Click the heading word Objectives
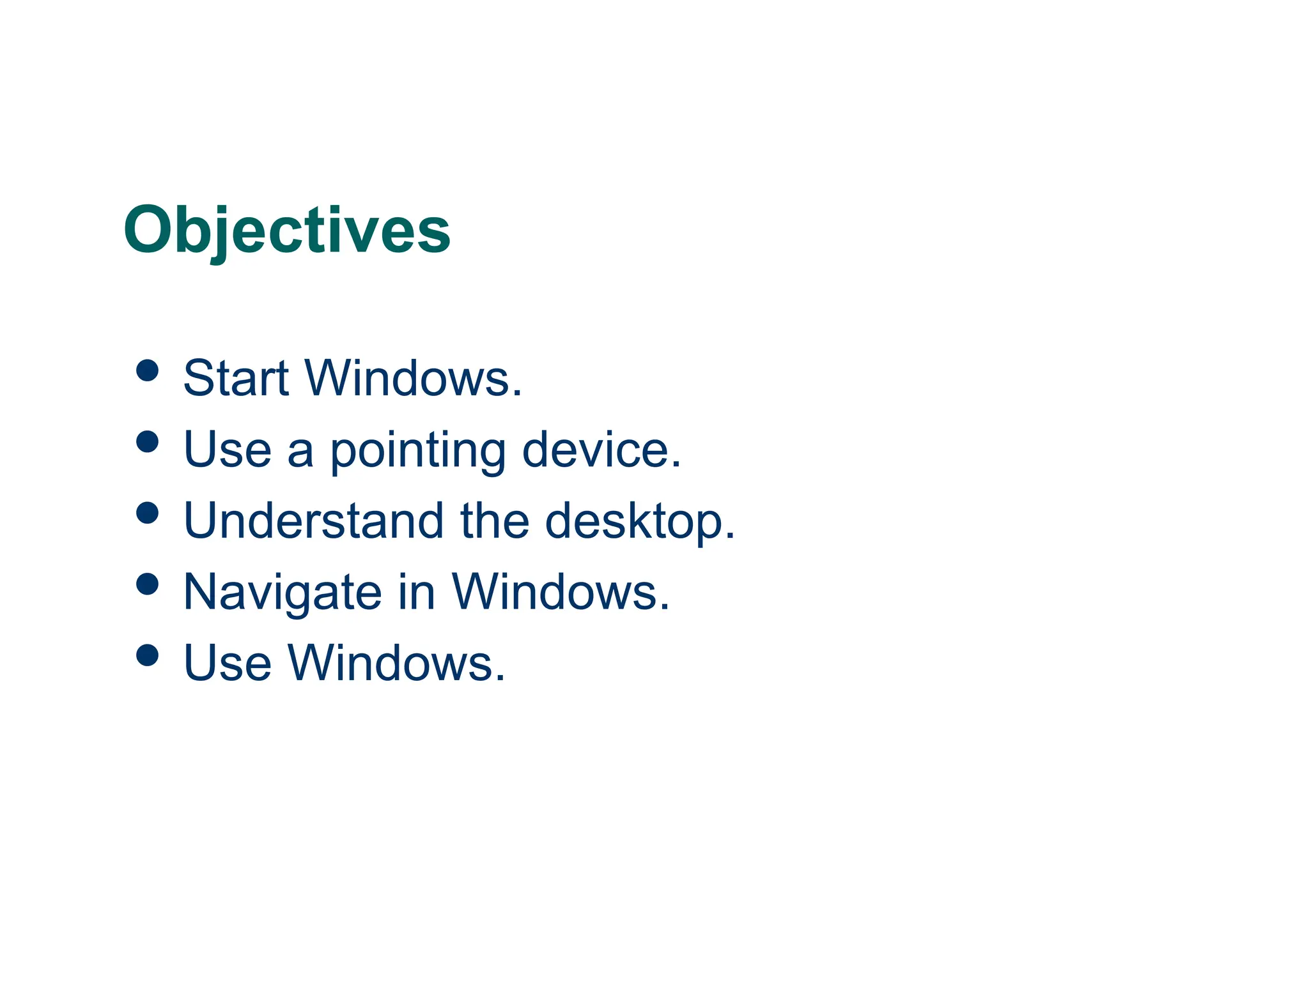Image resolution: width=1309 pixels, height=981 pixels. coord(287,230)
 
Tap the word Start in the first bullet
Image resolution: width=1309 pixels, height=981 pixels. coord(236,378)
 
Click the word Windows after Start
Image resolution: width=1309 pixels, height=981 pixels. coord(412,378)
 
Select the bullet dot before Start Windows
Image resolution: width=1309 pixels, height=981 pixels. coord(148,370)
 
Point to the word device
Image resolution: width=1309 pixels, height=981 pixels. coord(601,450)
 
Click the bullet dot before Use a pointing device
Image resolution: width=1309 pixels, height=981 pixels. coord(148,441)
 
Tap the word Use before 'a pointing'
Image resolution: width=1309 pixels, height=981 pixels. coord(228,450)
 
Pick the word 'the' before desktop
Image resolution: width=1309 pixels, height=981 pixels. coord(495,521)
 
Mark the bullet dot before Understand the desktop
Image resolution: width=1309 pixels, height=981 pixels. coord(148,512)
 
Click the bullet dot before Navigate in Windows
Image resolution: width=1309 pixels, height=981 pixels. coord(148,583)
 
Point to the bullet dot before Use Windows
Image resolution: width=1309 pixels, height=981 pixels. coord(148,655)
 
